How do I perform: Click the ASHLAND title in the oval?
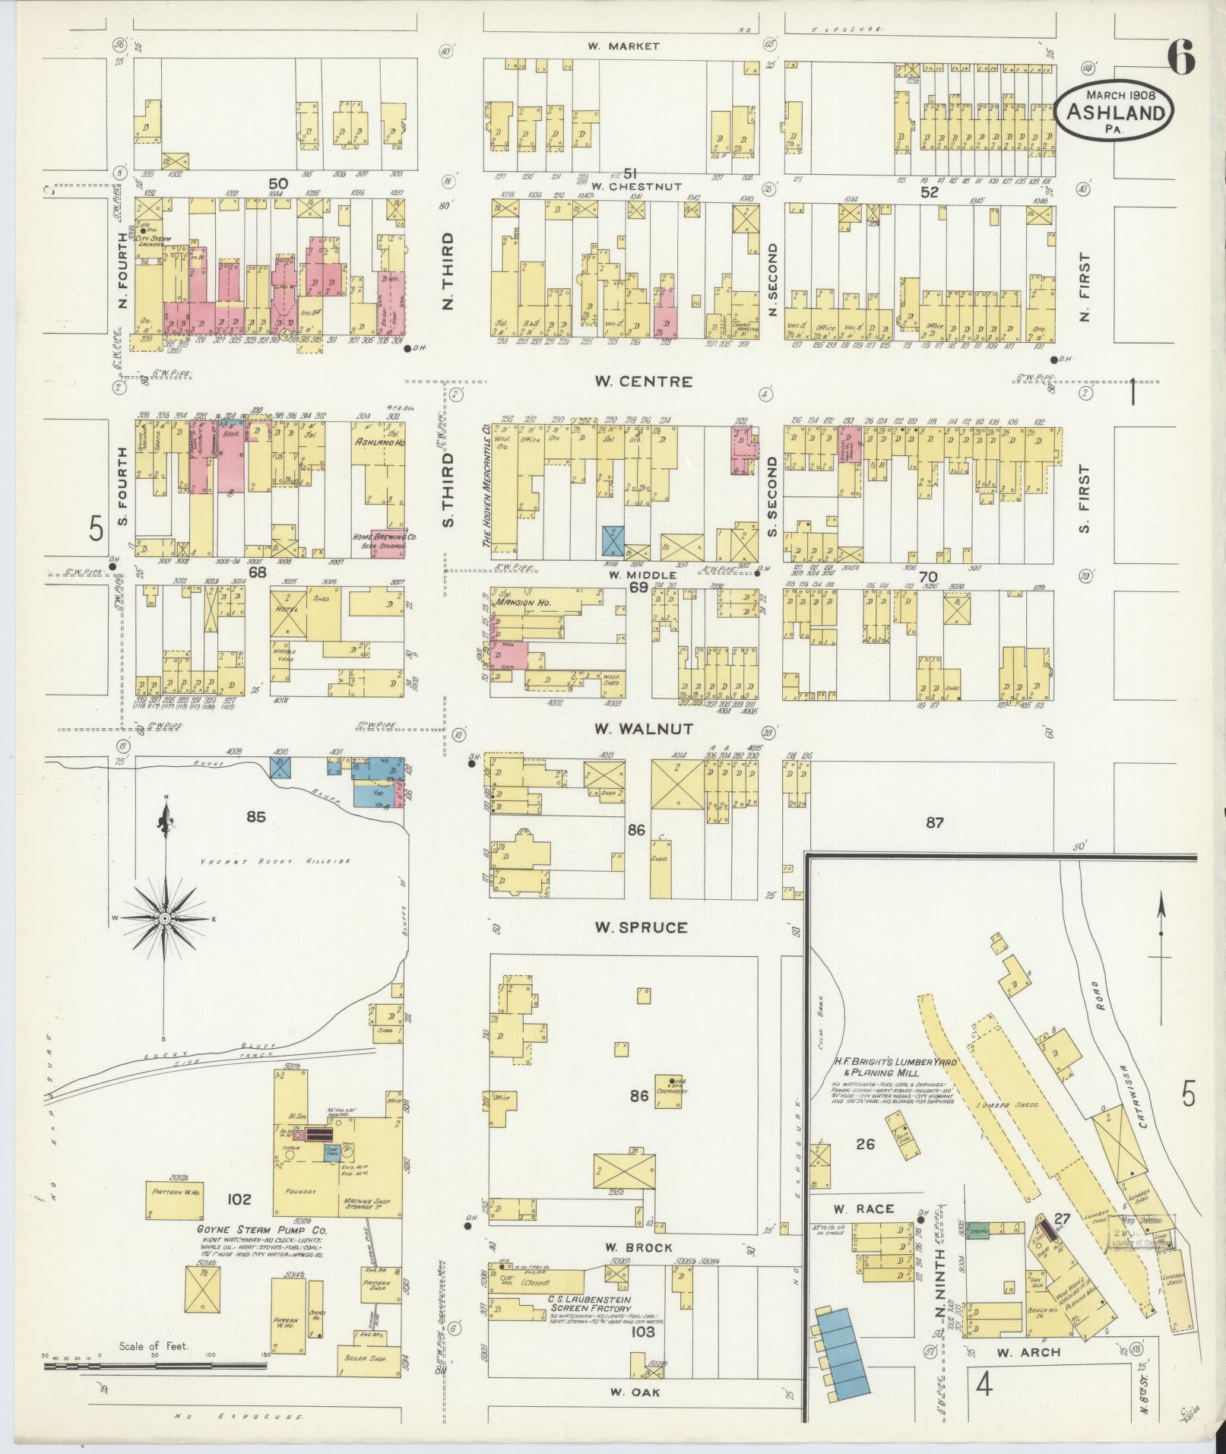1115,112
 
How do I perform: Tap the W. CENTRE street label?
644,382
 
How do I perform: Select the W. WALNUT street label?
643,729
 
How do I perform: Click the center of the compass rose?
164,919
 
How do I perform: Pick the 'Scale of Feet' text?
153,1346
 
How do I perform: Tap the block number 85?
255,817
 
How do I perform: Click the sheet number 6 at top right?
1181,59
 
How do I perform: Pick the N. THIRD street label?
448,282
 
